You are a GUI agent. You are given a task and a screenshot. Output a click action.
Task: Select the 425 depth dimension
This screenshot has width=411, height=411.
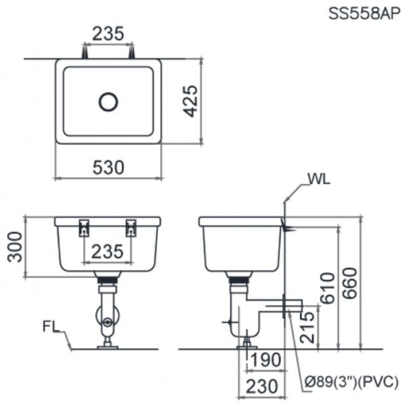[x=190, y=101]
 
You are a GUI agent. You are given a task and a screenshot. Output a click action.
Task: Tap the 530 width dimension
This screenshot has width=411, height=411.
[x=108, y=167]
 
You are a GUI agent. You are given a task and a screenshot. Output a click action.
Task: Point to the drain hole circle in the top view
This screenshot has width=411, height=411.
[x=108, y=101]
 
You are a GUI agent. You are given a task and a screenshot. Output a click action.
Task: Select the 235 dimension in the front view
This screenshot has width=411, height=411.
[x=108, y=251]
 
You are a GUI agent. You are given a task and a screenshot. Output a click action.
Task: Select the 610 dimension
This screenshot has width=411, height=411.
[x=328, y=288]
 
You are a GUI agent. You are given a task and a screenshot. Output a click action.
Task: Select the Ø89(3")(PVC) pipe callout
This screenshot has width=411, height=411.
[x=352, y=381]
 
